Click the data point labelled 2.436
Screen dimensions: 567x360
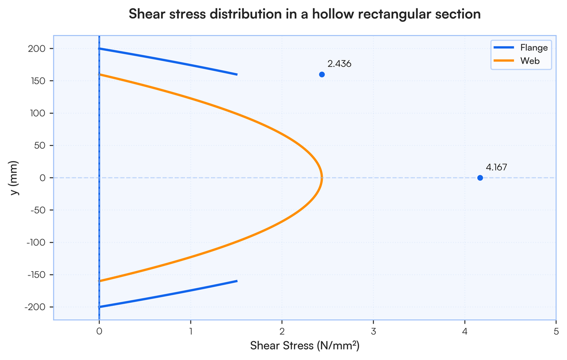[322, 75]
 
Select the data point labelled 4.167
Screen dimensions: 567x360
[480, 178]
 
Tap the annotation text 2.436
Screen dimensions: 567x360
[339, 64]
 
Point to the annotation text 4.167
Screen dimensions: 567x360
[497, 167]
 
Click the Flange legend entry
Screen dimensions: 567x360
[521, 48]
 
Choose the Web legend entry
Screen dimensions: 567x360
[516, 61]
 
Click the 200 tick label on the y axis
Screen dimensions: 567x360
[36, 49]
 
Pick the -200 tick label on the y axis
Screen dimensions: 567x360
[35, 307]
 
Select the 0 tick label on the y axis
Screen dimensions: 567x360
[43, 178]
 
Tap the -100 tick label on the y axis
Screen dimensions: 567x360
[36, 242]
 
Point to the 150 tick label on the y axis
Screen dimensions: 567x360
[37, 81]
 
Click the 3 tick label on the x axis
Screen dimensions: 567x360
[373, 331]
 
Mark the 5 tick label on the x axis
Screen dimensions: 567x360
[556, 331]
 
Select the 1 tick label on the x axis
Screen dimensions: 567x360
[190, 331]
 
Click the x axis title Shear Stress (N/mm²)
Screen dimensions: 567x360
[305, 346]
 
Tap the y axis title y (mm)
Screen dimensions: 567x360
[15, 178]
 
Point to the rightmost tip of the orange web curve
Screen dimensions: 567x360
[322, 178]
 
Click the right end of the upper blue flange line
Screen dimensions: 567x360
[237, 75]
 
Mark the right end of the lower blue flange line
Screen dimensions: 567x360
[237, 281]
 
